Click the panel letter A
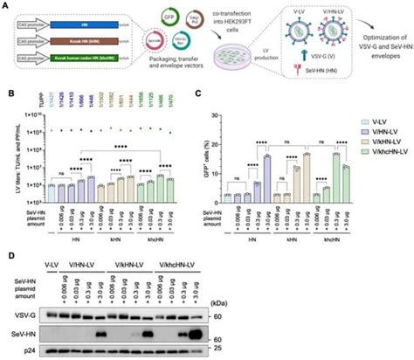(x=6, y=6)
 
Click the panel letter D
(x=6, y=256)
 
